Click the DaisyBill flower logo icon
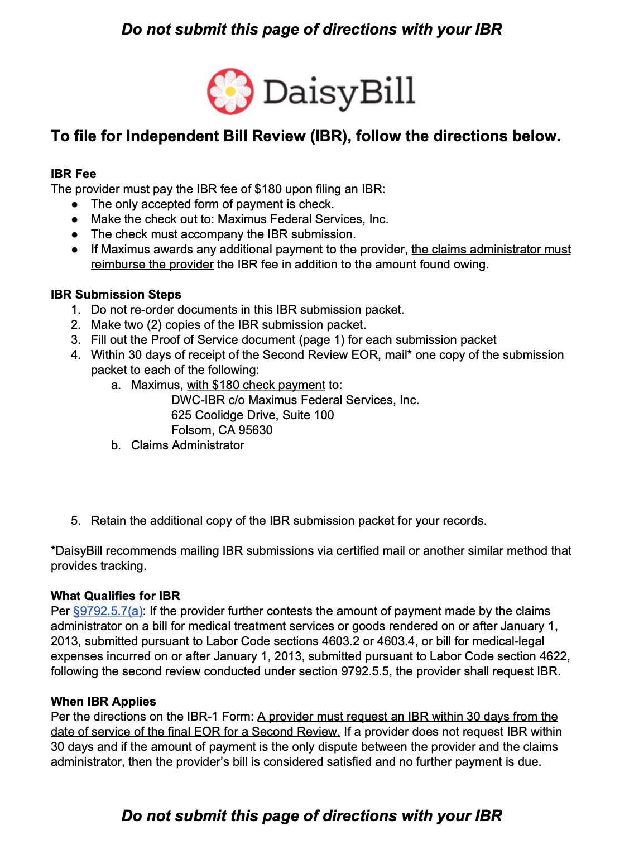(230, 91)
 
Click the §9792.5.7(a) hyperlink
(108, 611)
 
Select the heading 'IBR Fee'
(73, 174)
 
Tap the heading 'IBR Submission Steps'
(116, 295)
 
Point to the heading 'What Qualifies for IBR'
(115, 596)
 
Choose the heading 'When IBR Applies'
(103, 702)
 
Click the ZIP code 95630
(256, 430)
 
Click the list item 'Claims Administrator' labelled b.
(188, 445)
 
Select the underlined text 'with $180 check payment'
(256, 385)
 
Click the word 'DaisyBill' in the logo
(339, 92)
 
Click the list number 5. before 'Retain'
(76, 521)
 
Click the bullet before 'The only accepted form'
(74, 205)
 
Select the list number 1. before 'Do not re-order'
(76, 310)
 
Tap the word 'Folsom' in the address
(192, 430)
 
